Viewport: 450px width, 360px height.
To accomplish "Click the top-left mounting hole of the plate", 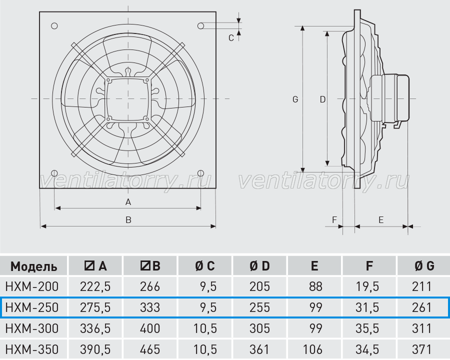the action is point(54,26).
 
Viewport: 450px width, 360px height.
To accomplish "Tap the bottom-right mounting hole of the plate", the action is point(201,173).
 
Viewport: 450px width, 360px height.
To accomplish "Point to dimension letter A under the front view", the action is point(128,202).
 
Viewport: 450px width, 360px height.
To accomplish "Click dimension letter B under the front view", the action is point(128,220).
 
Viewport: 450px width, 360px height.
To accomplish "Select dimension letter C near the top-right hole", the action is point(231,38).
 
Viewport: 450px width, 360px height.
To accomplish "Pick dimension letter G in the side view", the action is point(295,99).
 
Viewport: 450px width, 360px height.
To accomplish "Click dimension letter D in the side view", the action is point(322,99).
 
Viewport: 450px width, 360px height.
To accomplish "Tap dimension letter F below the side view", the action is point(334,220).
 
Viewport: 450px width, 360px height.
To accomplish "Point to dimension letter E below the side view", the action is point(381,220).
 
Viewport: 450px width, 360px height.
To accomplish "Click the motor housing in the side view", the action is point(389,98).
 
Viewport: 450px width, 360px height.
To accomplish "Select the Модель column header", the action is point(34,266).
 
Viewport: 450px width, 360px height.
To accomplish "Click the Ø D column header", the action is point(259,266).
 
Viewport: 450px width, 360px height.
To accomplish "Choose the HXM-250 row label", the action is point(32,307).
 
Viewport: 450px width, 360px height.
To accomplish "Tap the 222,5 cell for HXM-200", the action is point(95,286).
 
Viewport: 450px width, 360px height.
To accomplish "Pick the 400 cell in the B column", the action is point(150,328).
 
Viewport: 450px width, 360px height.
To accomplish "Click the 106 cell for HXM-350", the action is point(312,349).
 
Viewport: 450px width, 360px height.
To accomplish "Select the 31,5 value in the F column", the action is point(367,307).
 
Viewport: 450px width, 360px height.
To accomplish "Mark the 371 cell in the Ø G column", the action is point(421,349).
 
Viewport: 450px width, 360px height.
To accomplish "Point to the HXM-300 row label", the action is point(32,328).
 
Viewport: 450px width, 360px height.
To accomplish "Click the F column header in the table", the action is point(369,266).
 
